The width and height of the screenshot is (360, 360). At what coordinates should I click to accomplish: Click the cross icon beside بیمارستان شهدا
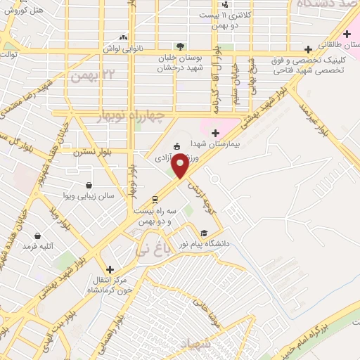[217, 131]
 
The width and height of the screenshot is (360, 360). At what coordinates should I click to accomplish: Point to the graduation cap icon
[204, 233]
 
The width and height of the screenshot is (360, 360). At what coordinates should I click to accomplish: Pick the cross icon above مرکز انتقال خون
[110, 269]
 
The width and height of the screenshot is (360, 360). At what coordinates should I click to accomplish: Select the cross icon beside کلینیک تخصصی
[309, 49]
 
